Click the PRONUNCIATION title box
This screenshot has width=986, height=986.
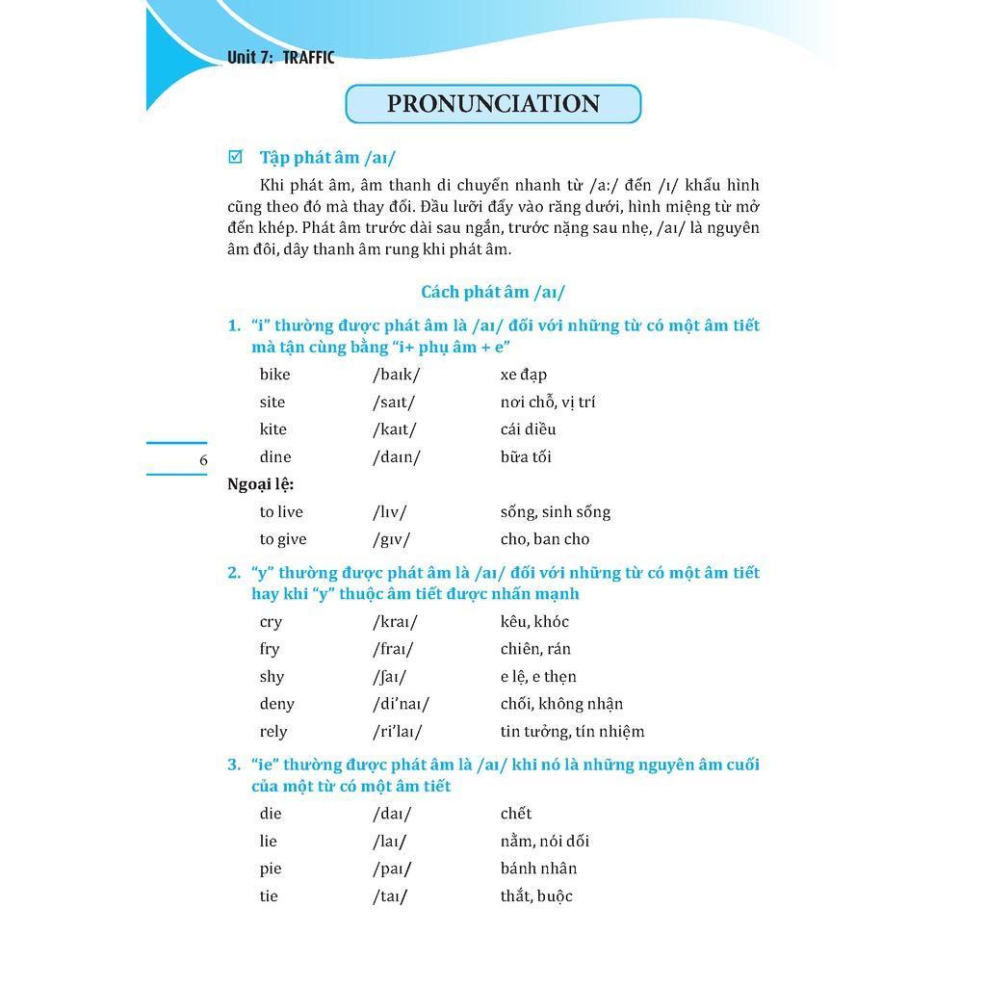pyautogui.click(x=493, y=104)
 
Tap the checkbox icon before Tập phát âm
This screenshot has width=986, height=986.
pyautogui.click(x=235, y=157)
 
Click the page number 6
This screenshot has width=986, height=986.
pyautogui.click(x=203, y=460)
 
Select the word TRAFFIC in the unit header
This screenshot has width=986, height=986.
pyautogui.click(x=308, y=58)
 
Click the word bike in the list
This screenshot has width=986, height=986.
pyautogui.click(x=274, y=375)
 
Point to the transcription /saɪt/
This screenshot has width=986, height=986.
pyautogui.click(x=394, y=402)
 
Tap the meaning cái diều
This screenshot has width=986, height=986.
pyautogui.click(x=528, y=429)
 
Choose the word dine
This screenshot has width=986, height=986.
pyautogui.click(x=274, y=457)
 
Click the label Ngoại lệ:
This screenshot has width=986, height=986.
pyautogui.click(x=260, y=484)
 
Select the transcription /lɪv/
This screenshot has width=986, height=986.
pyautogui.click(x=389, y=512)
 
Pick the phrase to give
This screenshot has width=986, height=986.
pyautogui.click(x=283, y=539)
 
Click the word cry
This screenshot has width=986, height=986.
pyautogui.click(x=271, y=622)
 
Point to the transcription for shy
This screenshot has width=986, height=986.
pyautogui.click(x=389, y=677)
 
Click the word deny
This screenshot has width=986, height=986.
pyautogui.click(x=276, y=704)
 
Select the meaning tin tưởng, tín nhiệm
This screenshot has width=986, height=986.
pyautogui.click(x=572, y=732)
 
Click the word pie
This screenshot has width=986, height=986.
pyautogui.click(x=271, y=869)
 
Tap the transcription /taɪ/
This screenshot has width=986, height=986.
pyautogui.click(x=390, y=896)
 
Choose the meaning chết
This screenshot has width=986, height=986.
pyautogui.click(x=516, y=814)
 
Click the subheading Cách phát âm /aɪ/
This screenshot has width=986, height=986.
pyautogui.click(x=493, y=292)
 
